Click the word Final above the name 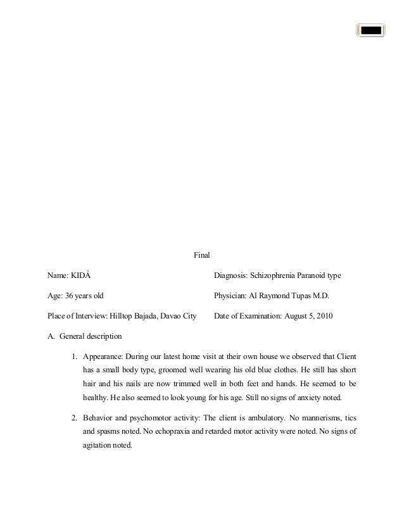(201, 256)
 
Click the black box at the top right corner (370, 29)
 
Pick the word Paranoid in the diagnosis (310, 276)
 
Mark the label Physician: (230, 296)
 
